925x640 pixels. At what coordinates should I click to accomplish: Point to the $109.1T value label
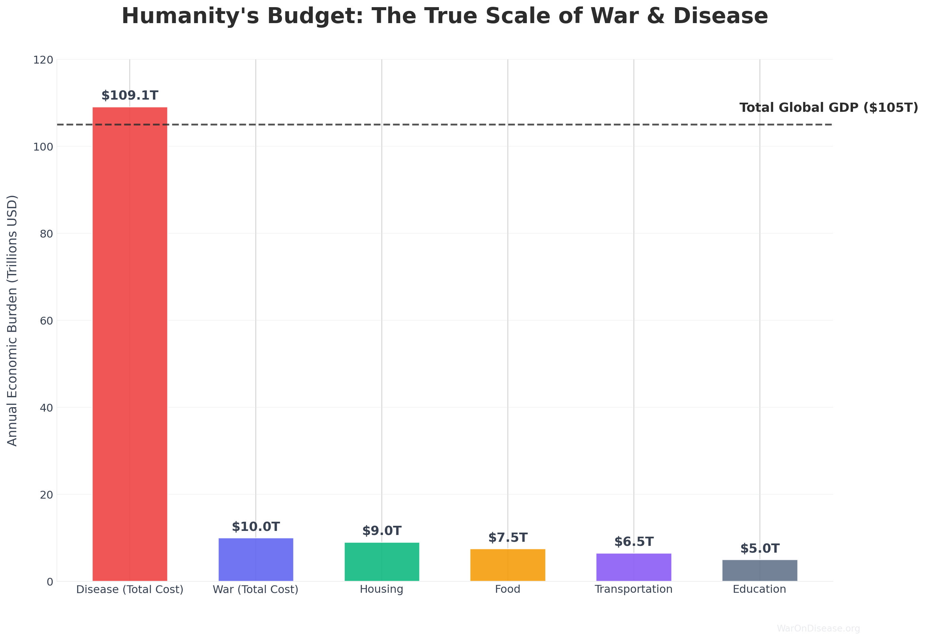[x=130, y=96]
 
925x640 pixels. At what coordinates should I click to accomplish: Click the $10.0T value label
[x=256, y=526]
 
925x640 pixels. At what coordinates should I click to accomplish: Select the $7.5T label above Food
[x=508, y=537]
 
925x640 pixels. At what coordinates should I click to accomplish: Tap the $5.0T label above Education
[x=760, y=548]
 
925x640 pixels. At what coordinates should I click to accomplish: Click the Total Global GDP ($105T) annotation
[x=829, y=107]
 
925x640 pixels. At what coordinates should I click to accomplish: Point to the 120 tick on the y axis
[x=43, y=60]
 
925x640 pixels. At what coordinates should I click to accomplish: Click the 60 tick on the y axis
[x=47, y=321]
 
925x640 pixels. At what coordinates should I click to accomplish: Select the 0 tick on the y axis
[x=50, y=582]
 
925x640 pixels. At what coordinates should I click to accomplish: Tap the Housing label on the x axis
[x=381, y=589]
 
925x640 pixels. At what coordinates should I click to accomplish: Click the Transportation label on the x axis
[x=634, y=589]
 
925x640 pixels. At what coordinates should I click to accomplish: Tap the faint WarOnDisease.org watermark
[x=818, y=628]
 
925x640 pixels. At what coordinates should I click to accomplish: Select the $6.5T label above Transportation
[x=634, y=542]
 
